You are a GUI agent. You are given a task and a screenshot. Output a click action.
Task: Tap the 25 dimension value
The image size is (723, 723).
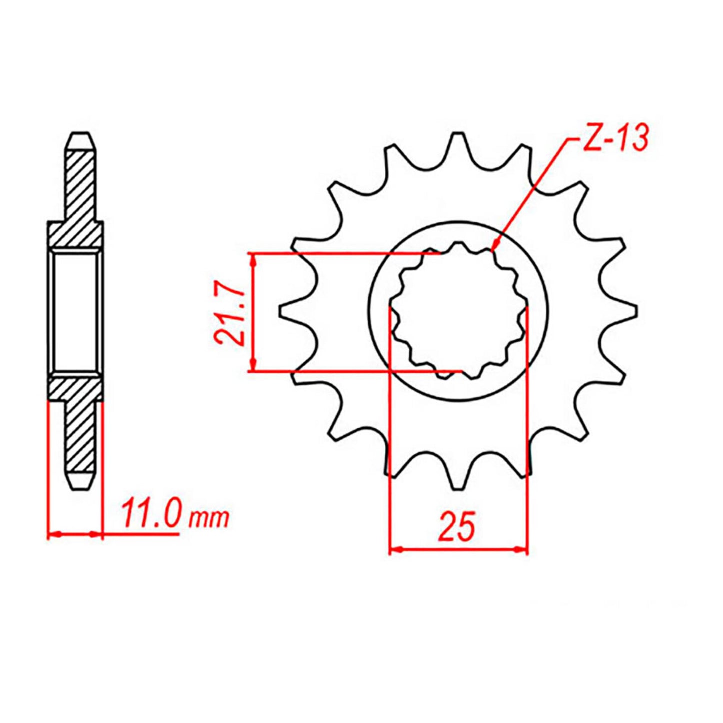pos(457,527)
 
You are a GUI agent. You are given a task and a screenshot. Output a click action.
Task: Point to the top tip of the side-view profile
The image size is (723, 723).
pos(81,136)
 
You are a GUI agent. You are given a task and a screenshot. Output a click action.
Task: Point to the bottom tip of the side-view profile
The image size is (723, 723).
pos(81,485)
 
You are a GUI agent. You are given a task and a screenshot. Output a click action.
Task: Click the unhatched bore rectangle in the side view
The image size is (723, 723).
pos(76,312)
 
